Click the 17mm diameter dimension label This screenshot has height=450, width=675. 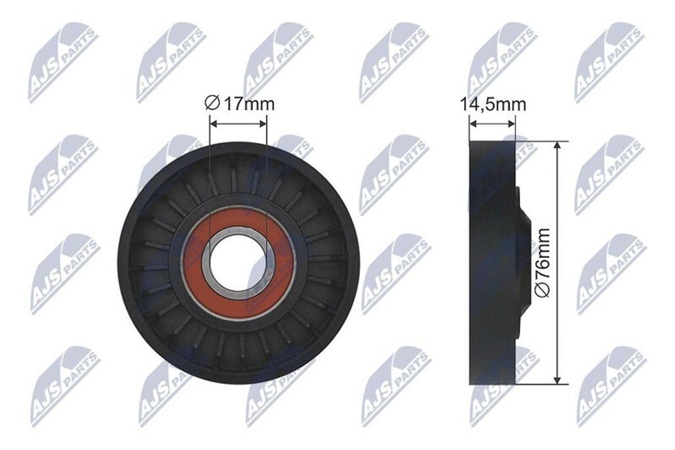click(x=239, y=104)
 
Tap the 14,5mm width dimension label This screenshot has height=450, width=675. click(x=493, y=104)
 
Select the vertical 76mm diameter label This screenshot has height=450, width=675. click(x=543, y=263)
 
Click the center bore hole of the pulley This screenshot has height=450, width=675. click(x=239, y=263)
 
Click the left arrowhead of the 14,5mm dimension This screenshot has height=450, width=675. click(x=473, y=124)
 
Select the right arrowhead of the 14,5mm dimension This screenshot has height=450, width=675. click(x=512, y=124)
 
